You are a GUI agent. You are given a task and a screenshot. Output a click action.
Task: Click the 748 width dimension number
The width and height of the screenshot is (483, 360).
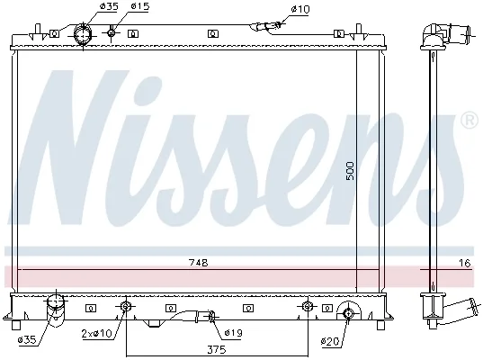pyautogui.click(x=199, y=263)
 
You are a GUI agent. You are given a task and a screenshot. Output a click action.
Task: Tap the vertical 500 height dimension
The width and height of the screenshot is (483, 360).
pyautogui.click(x=350, y=171)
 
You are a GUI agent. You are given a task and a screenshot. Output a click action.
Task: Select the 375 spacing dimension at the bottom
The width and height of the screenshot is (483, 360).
pyautogui.click(x=217, y=349)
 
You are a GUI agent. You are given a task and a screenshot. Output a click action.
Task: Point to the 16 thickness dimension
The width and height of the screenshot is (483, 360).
pyautogui.click(x=465, y=263)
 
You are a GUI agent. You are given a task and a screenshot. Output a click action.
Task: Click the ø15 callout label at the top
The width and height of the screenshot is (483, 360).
pyautogui.click(x=140, y=6)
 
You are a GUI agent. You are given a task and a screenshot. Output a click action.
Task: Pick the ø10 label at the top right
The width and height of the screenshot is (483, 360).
pyautogui.click(x=300, y=9)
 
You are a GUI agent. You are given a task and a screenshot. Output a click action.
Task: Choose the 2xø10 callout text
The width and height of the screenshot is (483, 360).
pyautogui.click(x=96, y=333)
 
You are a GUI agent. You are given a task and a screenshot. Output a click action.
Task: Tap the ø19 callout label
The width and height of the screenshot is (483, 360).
pyautogui.click(x=234, y=333)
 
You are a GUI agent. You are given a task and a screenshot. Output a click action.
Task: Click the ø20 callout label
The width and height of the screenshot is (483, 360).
pyautogui.click(x=330, y=341)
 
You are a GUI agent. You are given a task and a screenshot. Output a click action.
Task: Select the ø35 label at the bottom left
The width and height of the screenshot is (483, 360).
pyautogui.click(x=27, y=340)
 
